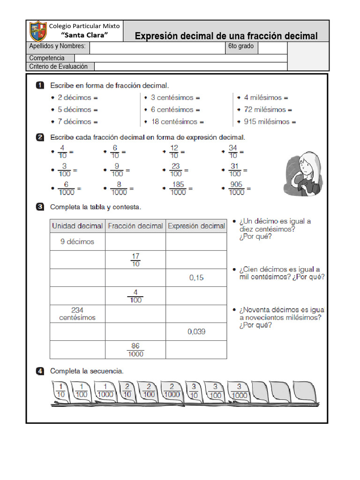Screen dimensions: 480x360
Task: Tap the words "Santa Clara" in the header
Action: pyautogui.click(x=85, y=35)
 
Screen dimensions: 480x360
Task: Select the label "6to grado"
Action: pyautogui.click(x=241, y=46)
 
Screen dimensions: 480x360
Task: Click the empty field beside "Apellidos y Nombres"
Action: pyautogui.click(x=157, y=47)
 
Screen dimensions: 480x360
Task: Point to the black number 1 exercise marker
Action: pyautogui.click(x=41, y=85)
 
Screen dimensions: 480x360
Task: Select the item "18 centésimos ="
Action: pyautogui.click(x=177, y=122)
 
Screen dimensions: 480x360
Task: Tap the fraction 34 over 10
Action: pyautogui.click(x=232, y=152)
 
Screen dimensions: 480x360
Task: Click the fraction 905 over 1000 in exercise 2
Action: pyautogui.click(x=237, y=188)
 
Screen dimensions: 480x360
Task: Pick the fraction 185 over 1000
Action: pyautogui.click(x=178, y=188)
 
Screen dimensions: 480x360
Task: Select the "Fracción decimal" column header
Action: pyautogui.click(x=135, y=226)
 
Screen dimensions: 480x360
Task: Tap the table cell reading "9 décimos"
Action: pyautogui.click(x=77, y=242)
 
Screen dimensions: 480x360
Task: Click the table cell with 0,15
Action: pyautogui.click(x=196, y=277)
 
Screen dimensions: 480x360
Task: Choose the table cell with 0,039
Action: pyautogui.click(x=196, y=331)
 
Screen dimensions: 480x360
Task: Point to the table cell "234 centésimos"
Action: pyautogui.click(x=77, y=314)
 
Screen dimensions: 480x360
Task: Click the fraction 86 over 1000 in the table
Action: pyautogui.click(x=135, y=350)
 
